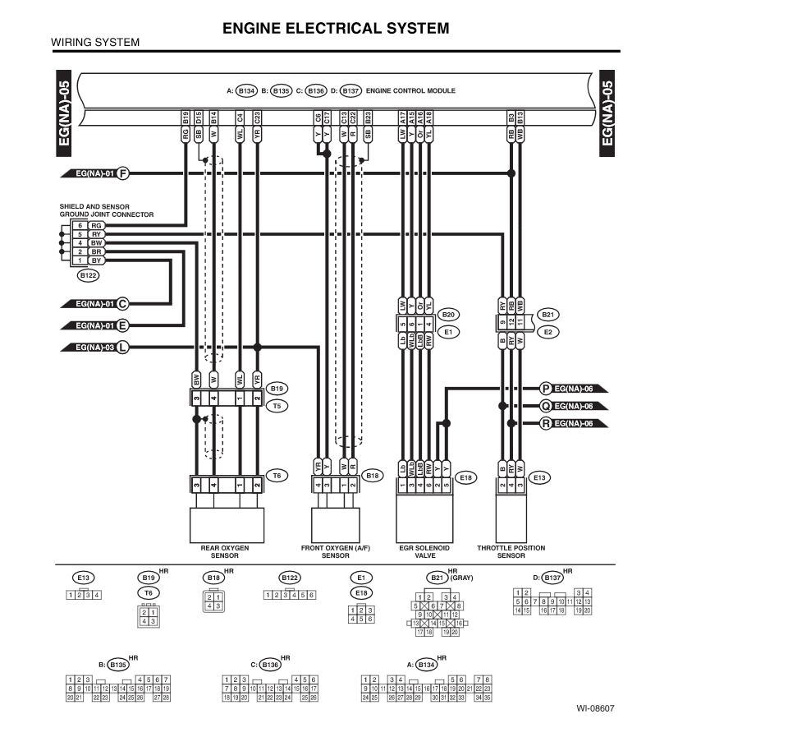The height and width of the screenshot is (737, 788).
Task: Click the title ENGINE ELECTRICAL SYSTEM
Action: (x=336, y=29)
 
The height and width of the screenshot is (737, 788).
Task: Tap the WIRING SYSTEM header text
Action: (x=95, y=43)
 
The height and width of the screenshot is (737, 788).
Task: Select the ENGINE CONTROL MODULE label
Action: (x=410, y=90)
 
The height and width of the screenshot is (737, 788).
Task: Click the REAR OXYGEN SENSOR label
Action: (x=224, y=551)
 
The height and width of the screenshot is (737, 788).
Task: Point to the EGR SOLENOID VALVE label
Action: (x=424, y=551)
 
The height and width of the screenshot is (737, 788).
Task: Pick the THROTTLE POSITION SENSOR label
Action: (x=511, y=551)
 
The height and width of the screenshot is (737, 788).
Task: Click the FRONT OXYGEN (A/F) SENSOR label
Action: (x=335, y=551)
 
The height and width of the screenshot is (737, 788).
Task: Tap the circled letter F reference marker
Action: (x=123, y=173)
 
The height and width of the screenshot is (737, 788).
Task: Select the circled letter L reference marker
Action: (x=123, y=347)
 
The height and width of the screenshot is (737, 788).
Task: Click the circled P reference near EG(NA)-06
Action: (x=546, y=388)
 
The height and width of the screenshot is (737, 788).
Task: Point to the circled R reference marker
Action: (x=546, y=424)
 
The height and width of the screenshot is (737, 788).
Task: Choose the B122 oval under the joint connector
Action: (x=87, y=276)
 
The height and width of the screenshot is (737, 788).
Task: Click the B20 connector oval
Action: (x=448, y=315)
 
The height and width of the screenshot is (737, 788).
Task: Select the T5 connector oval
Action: (x=278, y=406)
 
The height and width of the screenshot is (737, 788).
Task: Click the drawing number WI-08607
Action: (x=595, y=708)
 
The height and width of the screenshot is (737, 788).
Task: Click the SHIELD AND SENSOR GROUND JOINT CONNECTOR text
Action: (x=106, y=211)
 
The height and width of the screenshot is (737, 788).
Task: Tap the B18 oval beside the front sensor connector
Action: (x=373, y=475)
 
